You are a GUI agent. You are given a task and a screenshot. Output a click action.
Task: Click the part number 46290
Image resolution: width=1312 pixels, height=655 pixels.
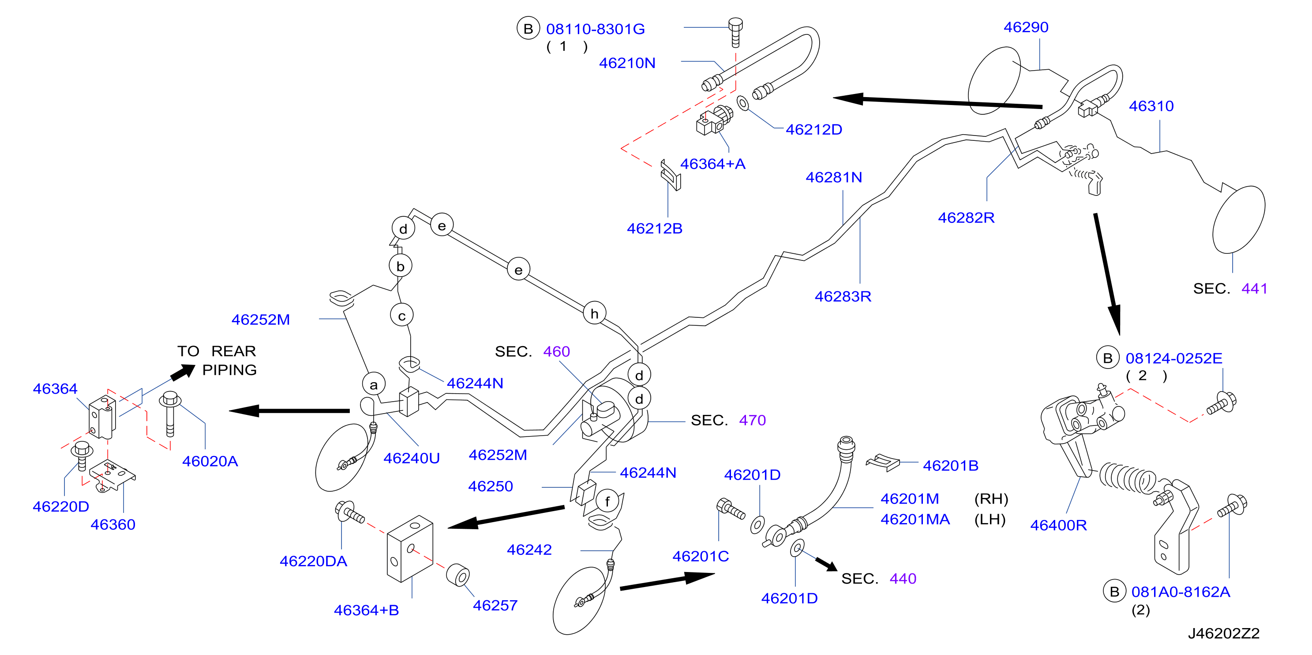tap(1026, 27)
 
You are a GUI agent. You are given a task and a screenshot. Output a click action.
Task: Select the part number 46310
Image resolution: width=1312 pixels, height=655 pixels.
tap(1151, 106)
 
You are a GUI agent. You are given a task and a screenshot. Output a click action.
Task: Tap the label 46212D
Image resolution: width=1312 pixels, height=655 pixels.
tap(814, 129)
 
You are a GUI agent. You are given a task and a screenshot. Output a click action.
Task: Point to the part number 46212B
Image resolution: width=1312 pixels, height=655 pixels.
tap(655, 228)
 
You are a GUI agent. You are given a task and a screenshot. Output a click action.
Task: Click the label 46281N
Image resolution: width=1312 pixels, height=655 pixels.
tap(834, 177)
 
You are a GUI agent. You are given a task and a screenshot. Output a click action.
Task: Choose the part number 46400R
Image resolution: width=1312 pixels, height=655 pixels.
tap(1058, 525)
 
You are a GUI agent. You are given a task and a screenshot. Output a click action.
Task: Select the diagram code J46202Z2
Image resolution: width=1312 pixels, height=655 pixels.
tap(1223, 633)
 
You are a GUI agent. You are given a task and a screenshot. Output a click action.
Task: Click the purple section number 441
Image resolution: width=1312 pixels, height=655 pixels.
tap(1255, 289)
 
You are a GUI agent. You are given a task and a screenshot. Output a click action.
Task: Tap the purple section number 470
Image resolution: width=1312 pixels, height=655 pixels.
tap(752, 420)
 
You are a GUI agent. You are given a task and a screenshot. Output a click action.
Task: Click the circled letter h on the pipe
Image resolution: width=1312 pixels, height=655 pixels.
tap(594, 313)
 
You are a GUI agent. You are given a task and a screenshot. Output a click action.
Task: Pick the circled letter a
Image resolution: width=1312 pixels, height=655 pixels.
tap(374, 385)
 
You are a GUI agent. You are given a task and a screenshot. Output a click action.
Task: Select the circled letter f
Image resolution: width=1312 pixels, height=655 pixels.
tap(607, 501)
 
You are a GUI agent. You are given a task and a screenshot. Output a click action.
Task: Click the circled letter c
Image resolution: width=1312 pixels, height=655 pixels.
tap(402, 316)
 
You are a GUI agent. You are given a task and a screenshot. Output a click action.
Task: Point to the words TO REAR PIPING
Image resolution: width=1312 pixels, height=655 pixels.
tap(217, 360)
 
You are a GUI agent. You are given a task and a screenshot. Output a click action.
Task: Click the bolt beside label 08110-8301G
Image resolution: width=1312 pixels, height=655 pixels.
tap(735, 32)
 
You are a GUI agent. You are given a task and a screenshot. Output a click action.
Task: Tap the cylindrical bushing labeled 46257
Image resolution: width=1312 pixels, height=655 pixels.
tap(458, 576)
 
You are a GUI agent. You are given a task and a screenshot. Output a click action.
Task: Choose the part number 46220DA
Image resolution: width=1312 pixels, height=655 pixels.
tap(313, 561)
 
